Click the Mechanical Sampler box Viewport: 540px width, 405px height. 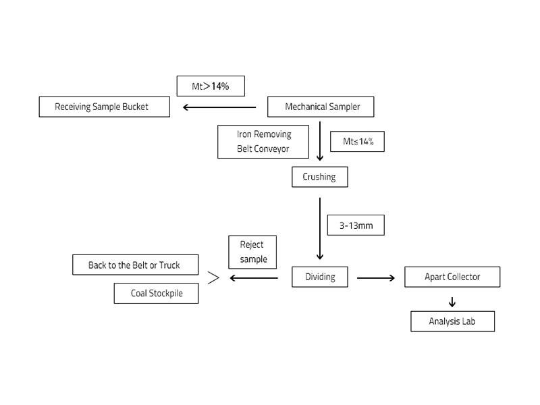point(321,107)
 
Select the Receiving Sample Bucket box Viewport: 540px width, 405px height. point(104,107)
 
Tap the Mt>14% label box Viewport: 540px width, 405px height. point(210,86)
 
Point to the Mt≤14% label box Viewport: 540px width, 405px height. point(357,141)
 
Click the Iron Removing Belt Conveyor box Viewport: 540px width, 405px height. point(263,141)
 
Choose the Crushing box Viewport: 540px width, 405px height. point(320,177)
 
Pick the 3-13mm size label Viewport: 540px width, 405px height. point(355,225)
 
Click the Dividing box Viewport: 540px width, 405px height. point(320,277)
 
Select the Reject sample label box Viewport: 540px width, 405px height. point(253,252)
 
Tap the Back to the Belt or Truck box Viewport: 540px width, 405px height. point(135,265)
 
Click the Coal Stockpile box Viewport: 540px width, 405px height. point(156,294)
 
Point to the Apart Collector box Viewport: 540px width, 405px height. point(452,277)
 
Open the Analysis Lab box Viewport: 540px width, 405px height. point(452,321)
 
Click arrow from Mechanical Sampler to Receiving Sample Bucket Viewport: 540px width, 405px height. point(219,107)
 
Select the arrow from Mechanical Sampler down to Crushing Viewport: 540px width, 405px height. point(320,141)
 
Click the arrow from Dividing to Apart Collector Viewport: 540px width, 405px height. point(376,277)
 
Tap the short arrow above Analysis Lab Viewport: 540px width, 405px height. point(452,302)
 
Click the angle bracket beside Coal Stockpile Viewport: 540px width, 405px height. point(213,278)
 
